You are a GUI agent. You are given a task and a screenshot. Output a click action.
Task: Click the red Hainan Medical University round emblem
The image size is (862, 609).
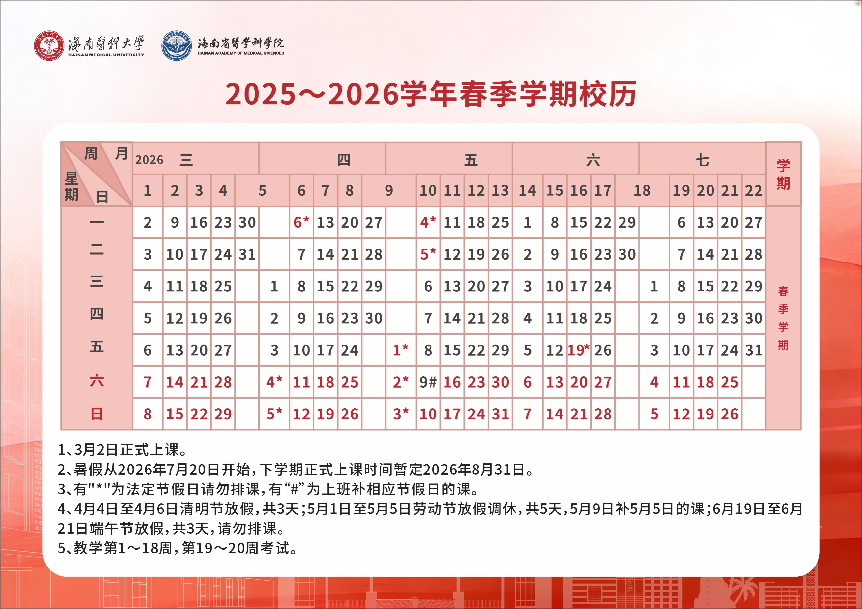click(49, 46)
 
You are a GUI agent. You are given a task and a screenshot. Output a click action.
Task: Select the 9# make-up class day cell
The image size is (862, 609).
click(428, 382)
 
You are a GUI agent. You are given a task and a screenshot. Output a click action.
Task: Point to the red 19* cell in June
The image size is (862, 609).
click(579, 350)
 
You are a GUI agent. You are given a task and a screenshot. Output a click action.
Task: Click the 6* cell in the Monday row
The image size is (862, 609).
click(301, 222)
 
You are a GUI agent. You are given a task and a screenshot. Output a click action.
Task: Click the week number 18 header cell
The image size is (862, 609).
click(642, 191)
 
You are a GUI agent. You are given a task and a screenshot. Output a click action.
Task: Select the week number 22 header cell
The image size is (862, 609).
click(754, 191)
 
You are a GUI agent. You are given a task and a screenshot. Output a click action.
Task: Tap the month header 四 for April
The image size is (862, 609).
click(343, 160)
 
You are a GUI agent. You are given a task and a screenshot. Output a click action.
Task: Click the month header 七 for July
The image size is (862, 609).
click(702, 160)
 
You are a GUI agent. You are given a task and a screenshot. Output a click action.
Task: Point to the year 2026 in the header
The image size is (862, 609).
click(149, 160)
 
